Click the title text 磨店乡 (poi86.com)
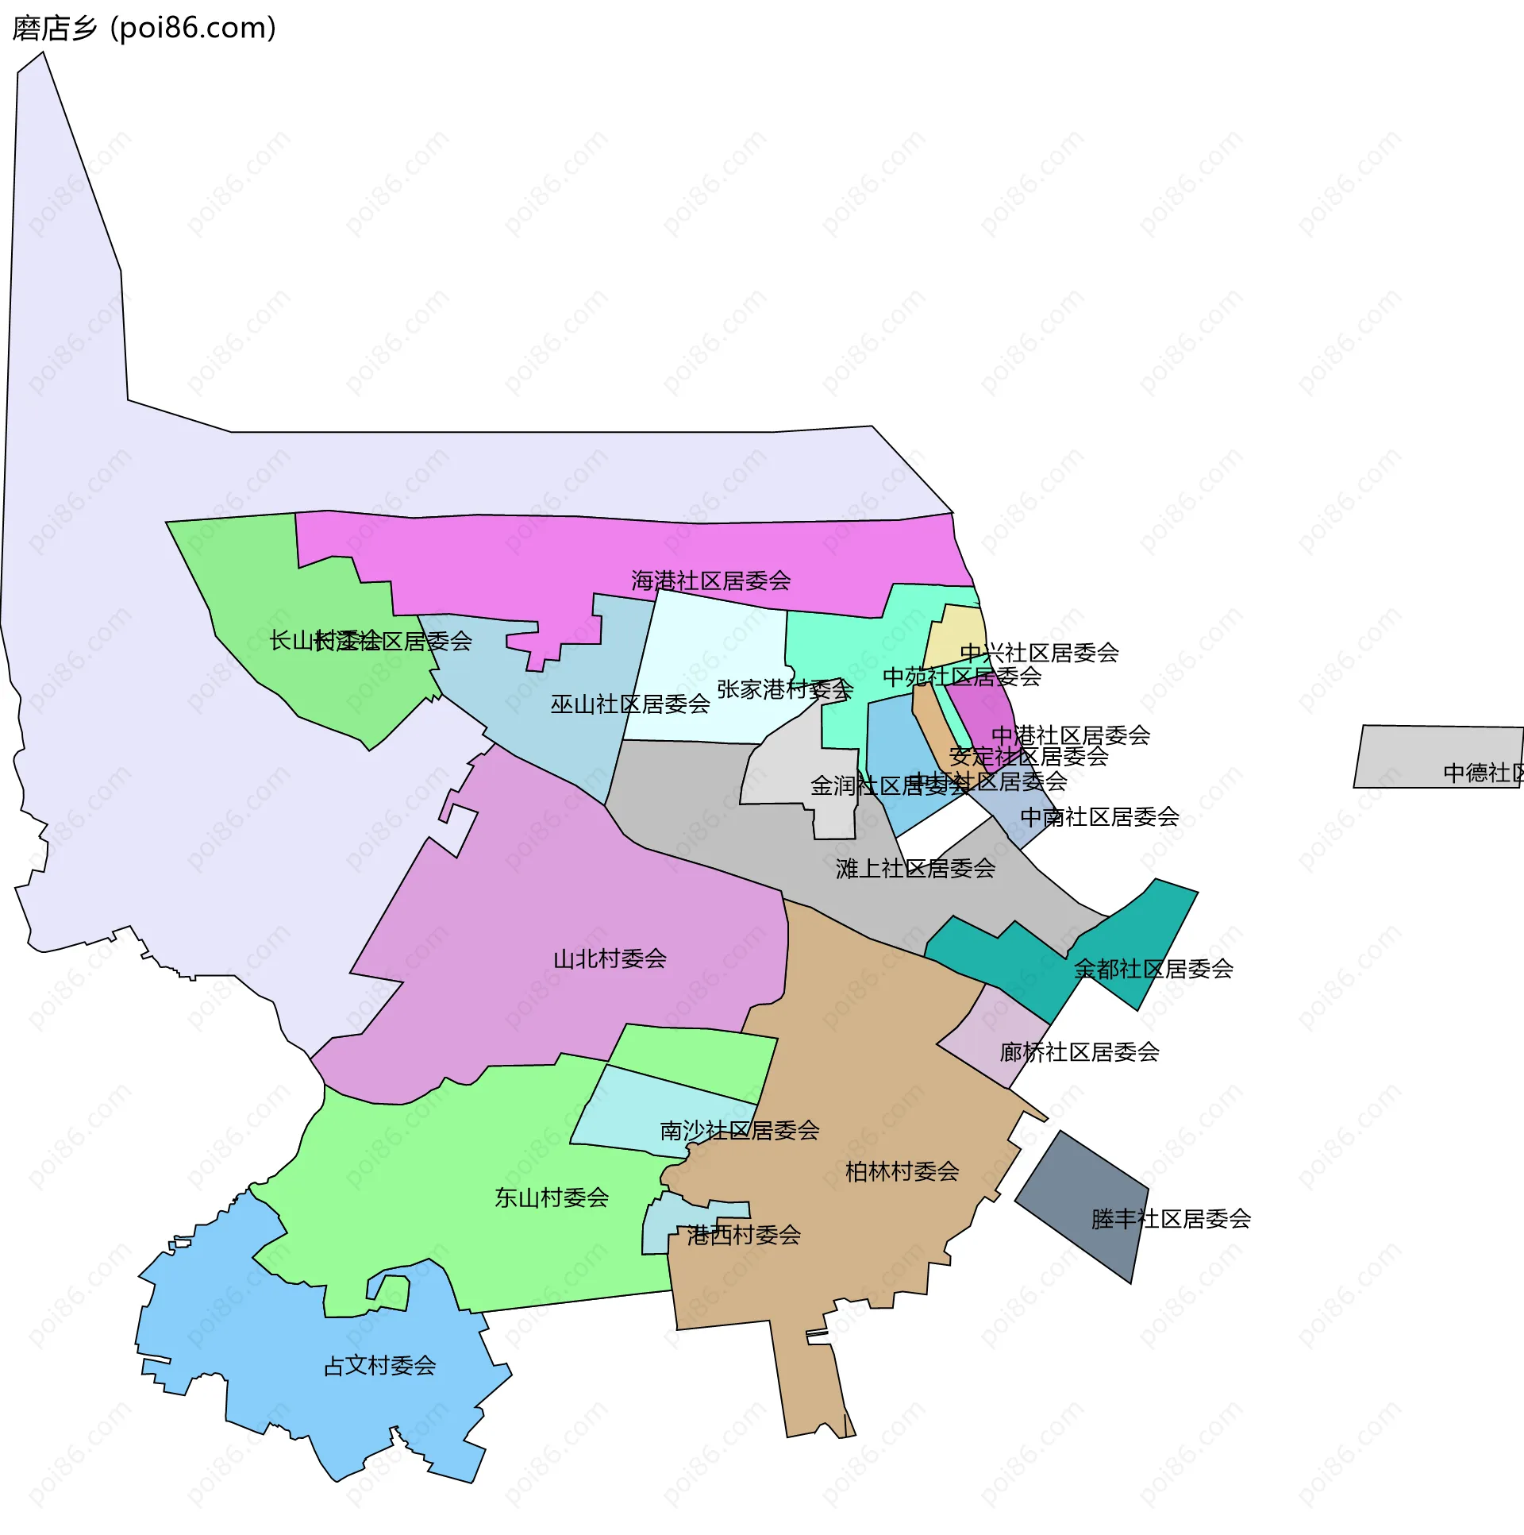pyautogui.click(x=144, y=28)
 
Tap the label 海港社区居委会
pyautogui.click(x=710, y=580)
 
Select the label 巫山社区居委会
pyautogui.click(x=629, y=704)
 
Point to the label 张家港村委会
pyautogui.click(x=785, y=688)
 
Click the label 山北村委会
pyautogui.click(x=609, y=959)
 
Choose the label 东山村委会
pyautogui.click(x=551, y=1198)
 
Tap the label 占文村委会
pyautogui.click(x=379, y=1365)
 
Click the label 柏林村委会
pyautogui.click(x=902, y=1171)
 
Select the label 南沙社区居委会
pyautogui.click(x=739, y=1130)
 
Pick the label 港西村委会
pyautogui.click(x=743, y=1235)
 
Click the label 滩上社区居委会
pyautogui.click(x=915, y=869)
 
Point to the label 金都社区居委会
pyautogui.click(x=1153, y=969)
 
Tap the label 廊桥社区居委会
pyautogui.click(x=1079, y=1052)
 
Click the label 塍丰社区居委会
pyautogui.click(x=1171, y=1219)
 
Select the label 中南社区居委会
pyautogui.click(x=1099, y=816)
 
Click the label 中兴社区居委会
pyautogui.click(x=1039, y=652)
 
